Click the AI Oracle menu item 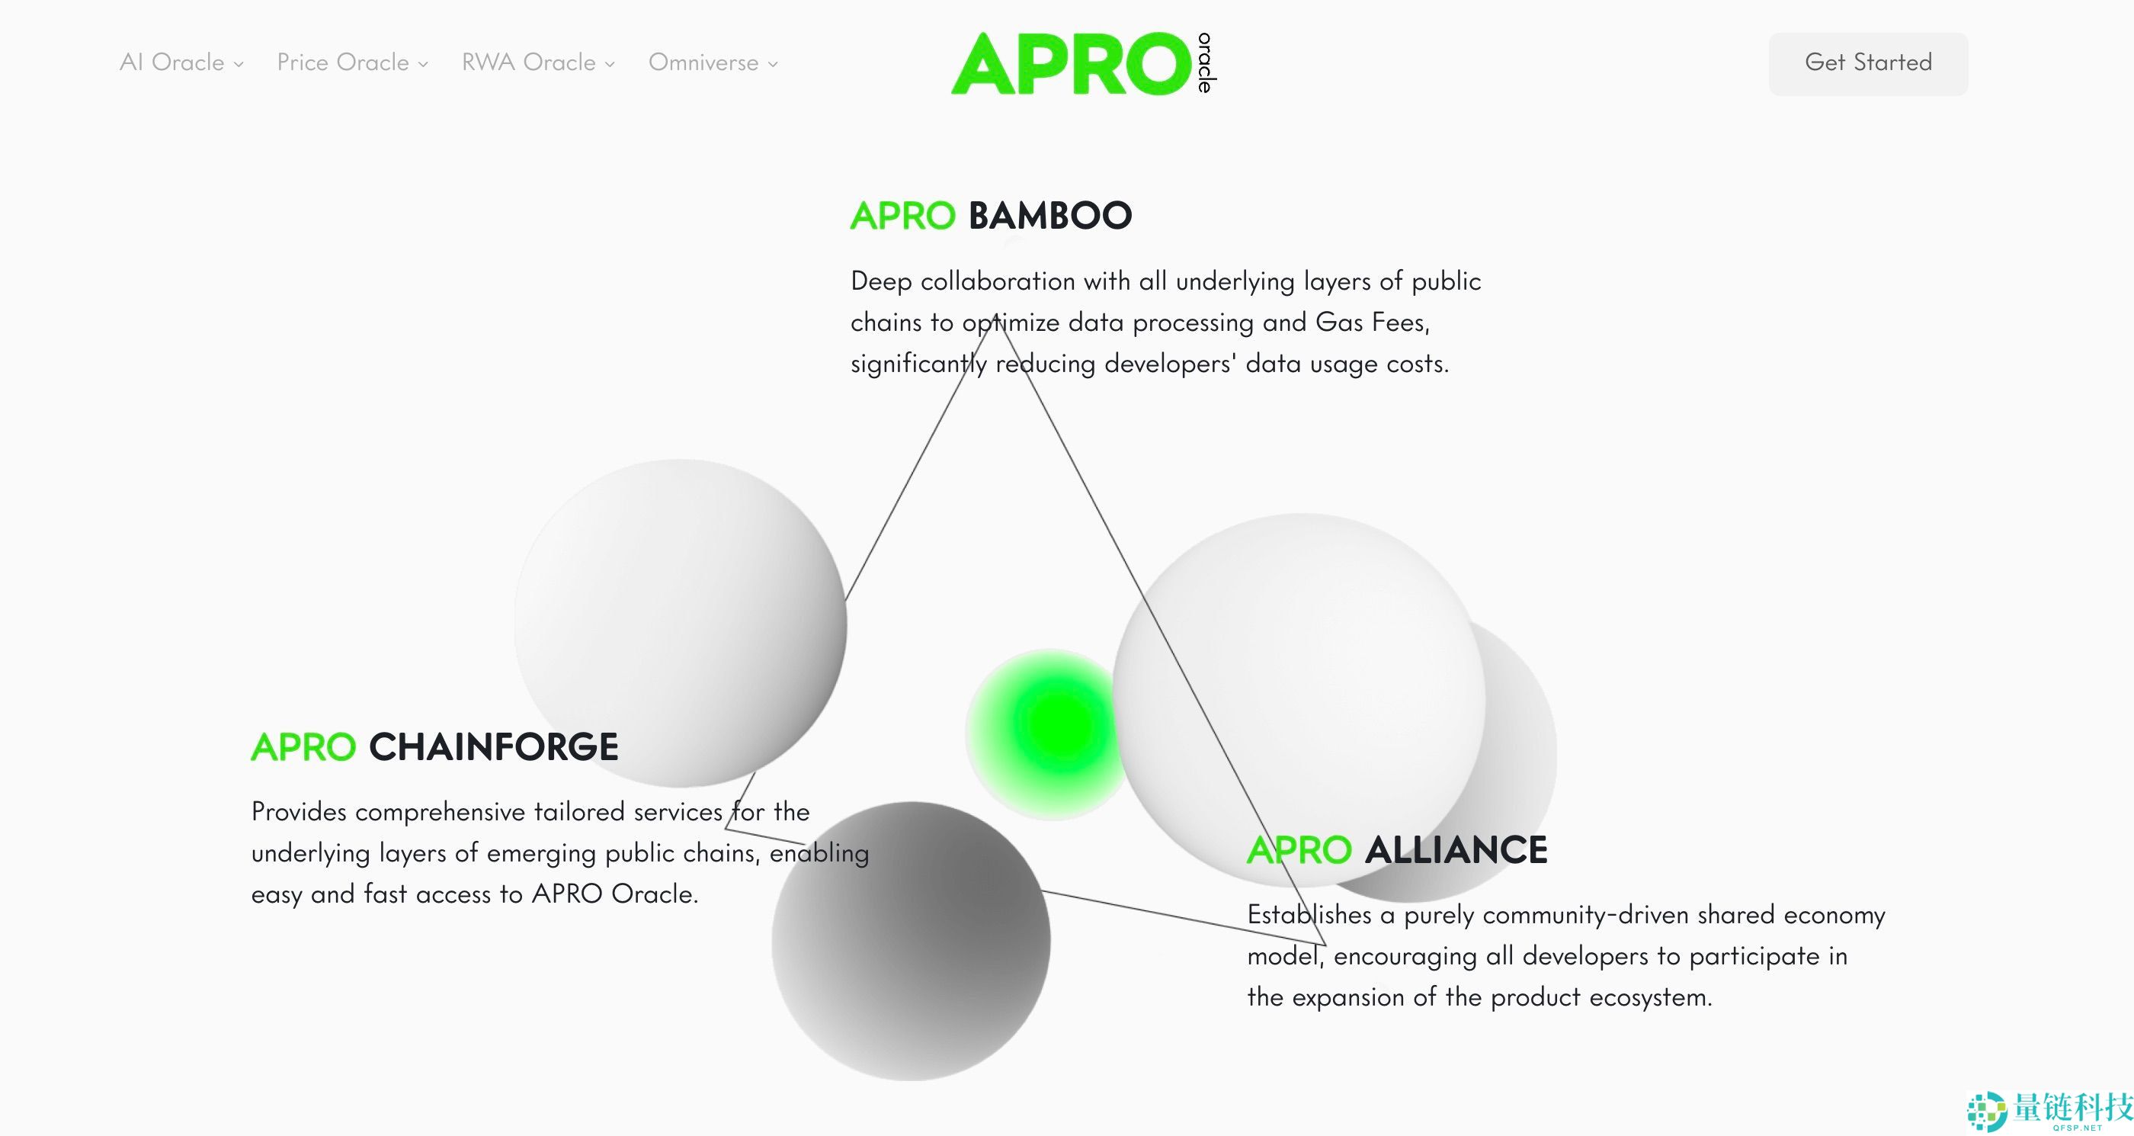[x=181, y=63]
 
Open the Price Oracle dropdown [x=352, y=63]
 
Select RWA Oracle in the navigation [x=537, y=63]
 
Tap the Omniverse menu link [x=713, y=63]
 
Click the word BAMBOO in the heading [x=1049, y=216]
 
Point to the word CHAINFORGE [x=493, y=746]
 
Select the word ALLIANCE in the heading [x=1456, y=850]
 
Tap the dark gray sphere [x=911, y=941]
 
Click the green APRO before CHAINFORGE [x=303, y=746]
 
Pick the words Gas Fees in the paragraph [x=1371, y=322]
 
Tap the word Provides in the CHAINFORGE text [x=299, y=811]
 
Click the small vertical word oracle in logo [x=1206, y=63]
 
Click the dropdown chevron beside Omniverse [x=773, y=64]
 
